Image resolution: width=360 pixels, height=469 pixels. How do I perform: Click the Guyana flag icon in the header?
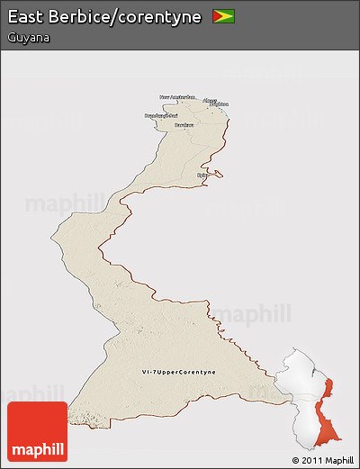coord(223,16)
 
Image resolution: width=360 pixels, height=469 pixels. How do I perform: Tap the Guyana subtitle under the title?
coord(26,38)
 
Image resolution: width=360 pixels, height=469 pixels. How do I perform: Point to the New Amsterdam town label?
coord(177,96)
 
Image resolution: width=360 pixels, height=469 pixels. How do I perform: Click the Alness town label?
coord(210,100)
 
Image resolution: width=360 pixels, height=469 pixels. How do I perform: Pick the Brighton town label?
coord(218,104)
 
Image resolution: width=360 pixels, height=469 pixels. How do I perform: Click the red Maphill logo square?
coord(37,431)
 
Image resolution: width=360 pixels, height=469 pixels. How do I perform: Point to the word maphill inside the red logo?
coord(37,448)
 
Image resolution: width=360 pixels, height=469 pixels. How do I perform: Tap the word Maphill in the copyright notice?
coord(339,460)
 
